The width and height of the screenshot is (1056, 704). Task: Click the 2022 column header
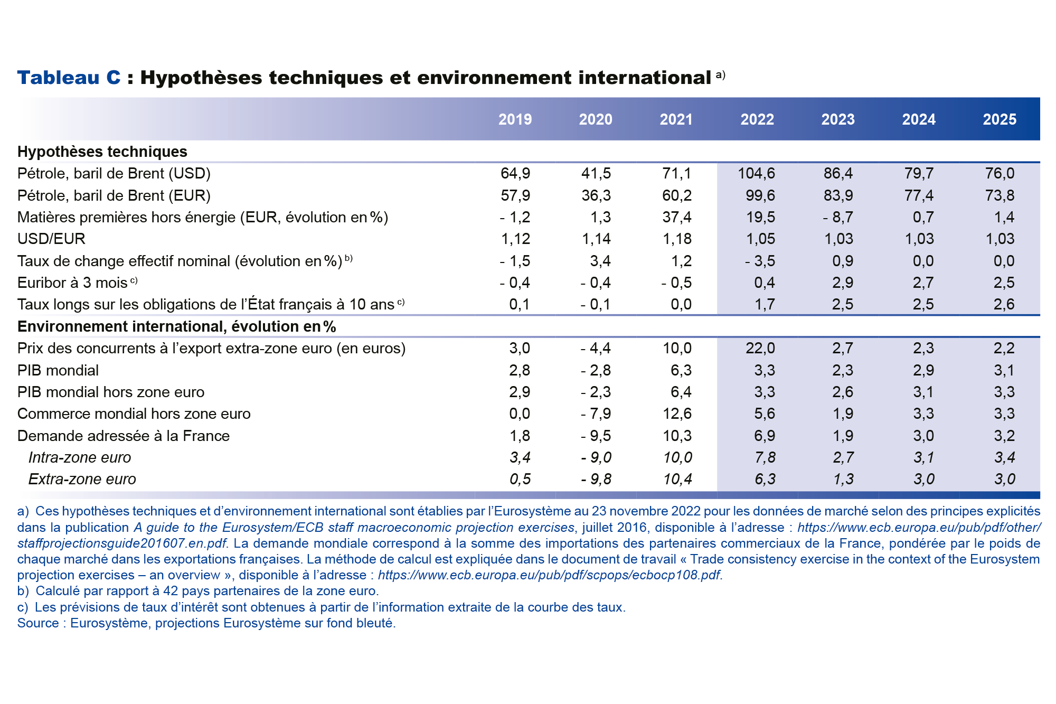tap(757, 119)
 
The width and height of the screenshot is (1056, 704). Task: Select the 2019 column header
tap(515, 119)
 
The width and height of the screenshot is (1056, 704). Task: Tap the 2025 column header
tap(999, 119)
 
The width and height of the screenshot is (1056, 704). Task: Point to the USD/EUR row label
tap(51, 239)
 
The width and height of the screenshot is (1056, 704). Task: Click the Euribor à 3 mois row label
tap(72, 283)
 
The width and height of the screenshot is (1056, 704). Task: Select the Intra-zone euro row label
tap(79, 457)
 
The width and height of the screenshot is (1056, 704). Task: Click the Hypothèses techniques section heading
tap(102, 152)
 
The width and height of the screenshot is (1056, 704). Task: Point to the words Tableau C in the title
tap(69, 78)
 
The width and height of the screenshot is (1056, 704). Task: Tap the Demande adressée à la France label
tap(123, 436)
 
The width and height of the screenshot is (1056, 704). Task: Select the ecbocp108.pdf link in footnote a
tap(549, 575)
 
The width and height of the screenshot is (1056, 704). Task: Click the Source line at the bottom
tap(206, 623)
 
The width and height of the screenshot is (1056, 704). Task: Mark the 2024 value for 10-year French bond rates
tap(923, 304)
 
